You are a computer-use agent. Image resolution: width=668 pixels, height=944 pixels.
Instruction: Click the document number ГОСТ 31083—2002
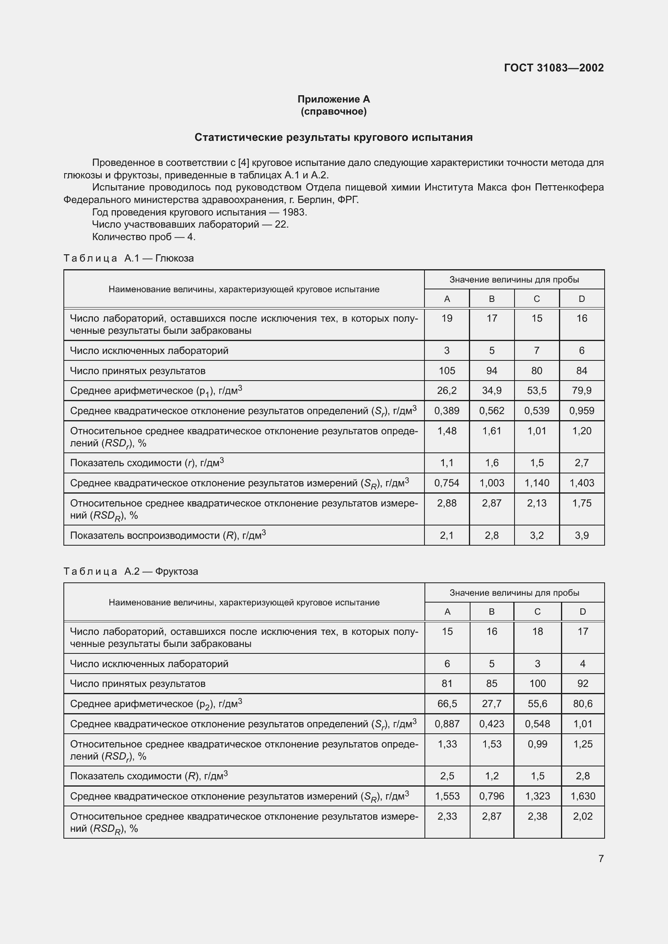coord(554,68)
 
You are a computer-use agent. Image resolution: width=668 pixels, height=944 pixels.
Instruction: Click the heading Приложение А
coord(334,99)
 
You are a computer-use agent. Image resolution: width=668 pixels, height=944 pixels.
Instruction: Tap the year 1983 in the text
coord(294,212)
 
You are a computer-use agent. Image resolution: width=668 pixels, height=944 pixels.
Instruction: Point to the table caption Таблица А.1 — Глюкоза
coord(129,258)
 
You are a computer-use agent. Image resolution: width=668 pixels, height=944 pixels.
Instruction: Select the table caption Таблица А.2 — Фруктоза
coord(131,571)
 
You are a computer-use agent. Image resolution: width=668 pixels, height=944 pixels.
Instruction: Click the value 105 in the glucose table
coord(447,371)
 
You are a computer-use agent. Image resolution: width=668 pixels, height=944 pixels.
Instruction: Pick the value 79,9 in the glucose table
coord(582,391)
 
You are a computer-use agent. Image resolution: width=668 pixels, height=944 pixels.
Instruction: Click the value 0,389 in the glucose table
coord(447,411)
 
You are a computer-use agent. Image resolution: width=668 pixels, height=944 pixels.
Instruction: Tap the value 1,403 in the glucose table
coord(582,483)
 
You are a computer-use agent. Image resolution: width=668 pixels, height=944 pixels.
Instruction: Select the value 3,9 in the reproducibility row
coord(582,535)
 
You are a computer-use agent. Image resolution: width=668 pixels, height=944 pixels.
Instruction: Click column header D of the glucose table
coord(582,299)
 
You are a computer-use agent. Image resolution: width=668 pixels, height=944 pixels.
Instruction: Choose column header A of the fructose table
coord(447,612)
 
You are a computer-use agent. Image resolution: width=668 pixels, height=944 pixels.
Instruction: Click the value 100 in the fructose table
coord(537,683)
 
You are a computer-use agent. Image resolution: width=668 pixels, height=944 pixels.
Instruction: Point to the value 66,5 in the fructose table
coord(447,703)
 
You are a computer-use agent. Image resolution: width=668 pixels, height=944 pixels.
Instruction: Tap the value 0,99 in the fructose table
coord(537,744)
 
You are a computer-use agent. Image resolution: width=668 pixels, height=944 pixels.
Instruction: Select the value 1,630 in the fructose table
coord(582,796)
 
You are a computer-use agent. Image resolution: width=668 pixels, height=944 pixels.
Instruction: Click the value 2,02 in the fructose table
coord(582,816)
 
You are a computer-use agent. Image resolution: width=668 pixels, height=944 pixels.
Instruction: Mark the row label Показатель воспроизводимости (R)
coord(168,535)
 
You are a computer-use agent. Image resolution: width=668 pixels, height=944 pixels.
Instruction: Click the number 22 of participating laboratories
coord(281,224)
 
